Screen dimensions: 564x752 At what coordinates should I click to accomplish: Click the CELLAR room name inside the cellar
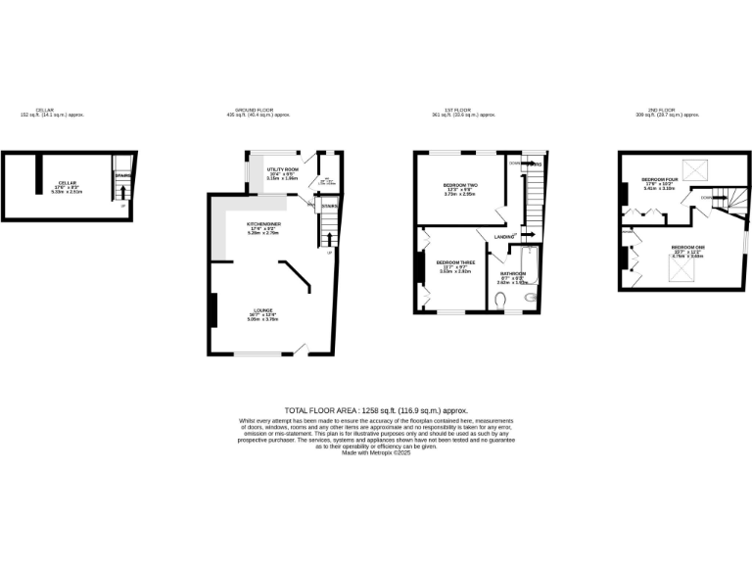pos(68,182)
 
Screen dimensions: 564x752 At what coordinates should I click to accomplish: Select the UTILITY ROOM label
pos(268,169)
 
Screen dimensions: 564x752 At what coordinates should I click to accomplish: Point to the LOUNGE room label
pos(263,309)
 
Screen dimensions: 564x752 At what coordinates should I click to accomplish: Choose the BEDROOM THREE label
pos(453,261)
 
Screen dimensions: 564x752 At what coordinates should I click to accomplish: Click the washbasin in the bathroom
pos(532,297)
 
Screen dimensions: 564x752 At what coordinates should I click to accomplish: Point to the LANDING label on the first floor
pos(505,237)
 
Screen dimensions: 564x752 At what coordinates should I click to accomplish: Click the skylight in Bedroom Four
pos(697,171)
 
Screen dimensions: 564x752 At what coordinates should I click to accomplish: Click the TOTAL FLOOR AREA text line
pos(376,410)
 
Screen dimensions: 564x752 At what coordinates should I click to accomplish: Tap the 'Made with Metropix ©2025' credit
pos(376,452)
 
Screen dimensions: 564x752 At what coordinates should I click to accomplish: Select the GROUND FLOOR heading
pos(253,110)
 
